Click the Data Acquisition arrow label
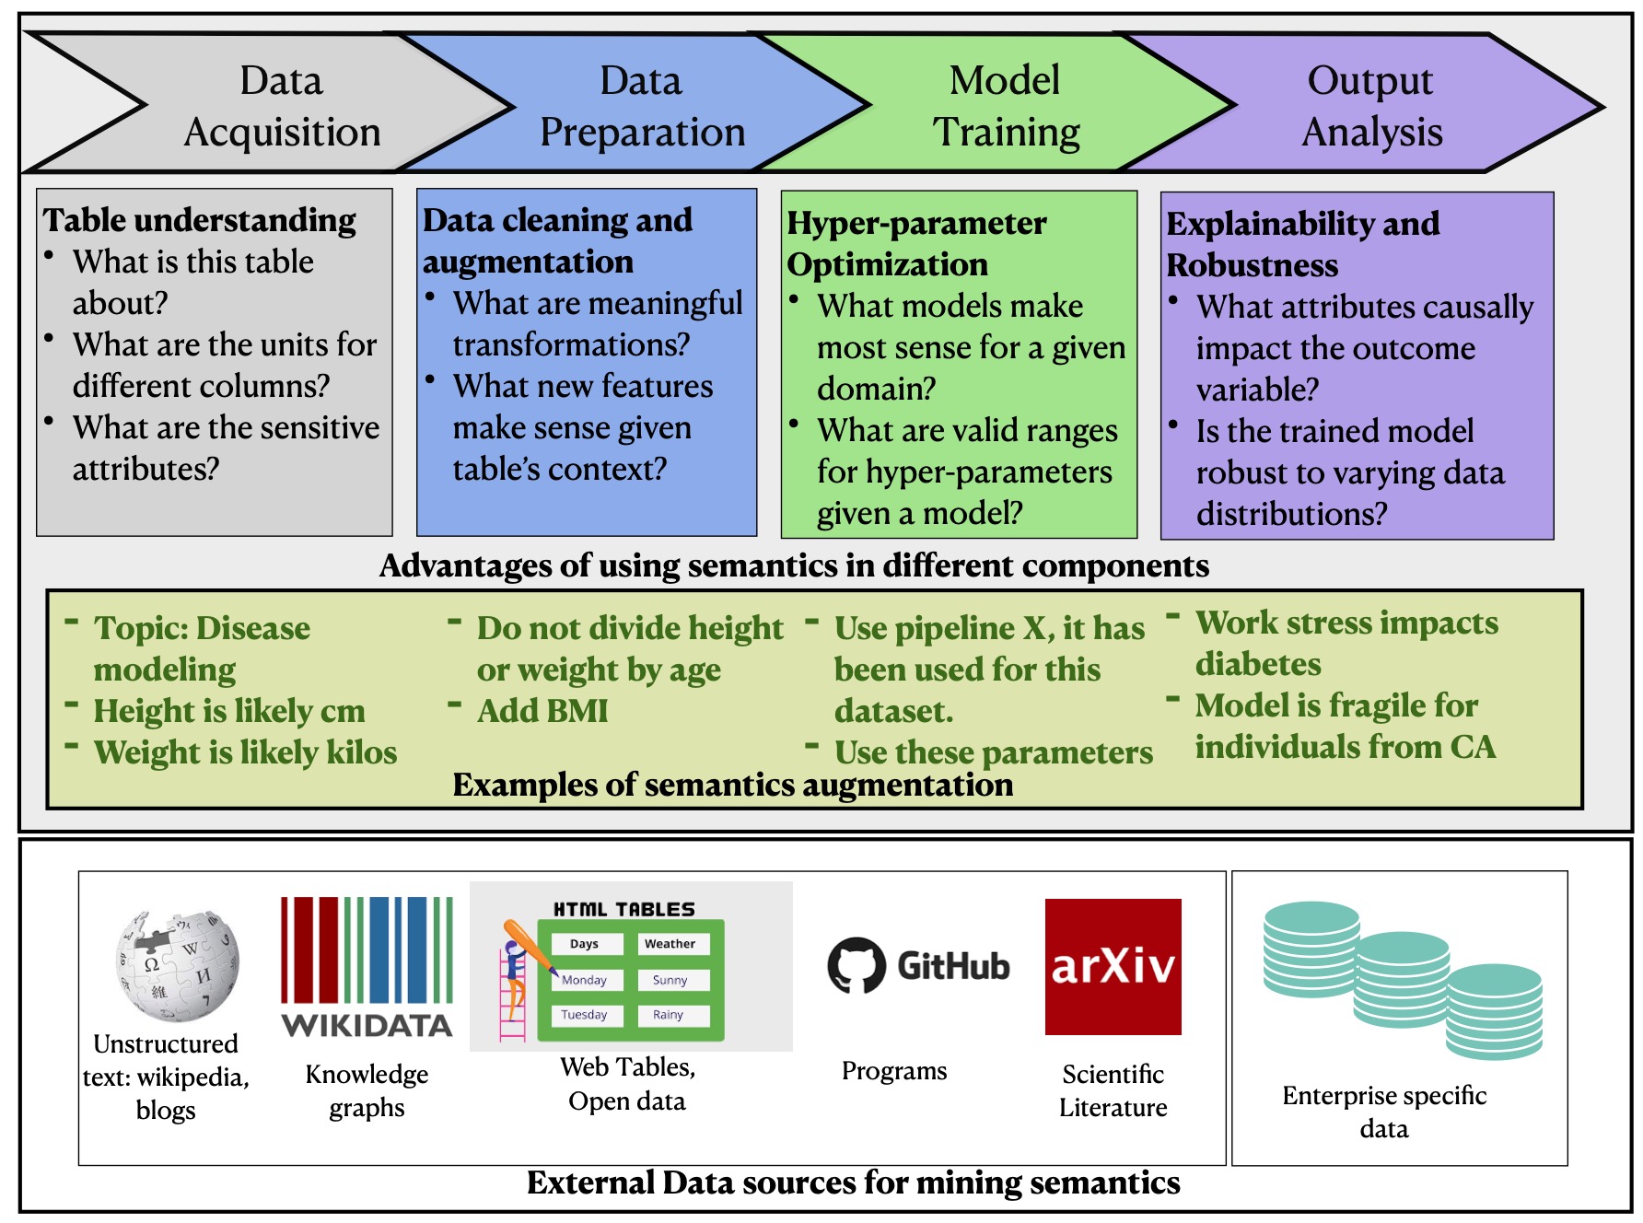pyautogui.click(x=282, y=106)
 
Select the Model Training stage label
pyautogui.click(x=1006, y=106)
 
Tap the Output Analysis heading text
pyautogui.click(x=1371, y=106)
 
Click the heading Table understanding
pyautogui.click(x=199, y=220)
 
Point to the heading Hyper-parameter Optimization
pyautogui.click(x=916, y=243)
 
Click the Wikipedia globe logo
pyautogui.click(x=177, y=966)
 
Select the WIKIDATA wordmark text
pyautogui.click(x=367, y=1026)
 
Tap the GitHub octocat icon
pyautogui.click(x=856, y=966)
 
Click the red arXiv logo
pyautogui.click(x=1113, y=966)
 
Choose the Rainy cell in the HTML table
pyautogui.click(x=669, y=1015)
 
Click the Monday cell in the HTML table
pyautogui.click(x=584, y=980)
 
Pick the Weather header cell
pyautogui.click(x=670, y=944)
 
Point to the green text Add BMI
pyautogui.click(x=542, y=711)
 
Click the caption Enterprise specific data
pyautogui.click(x=1383, y=1112)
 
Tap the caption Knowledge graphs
pyautogui.click(x=367, y=1090)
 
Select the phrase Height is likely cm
pyautogui.click(x=229, y=711)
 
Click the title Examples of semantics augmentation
pyautogui.click(x=732, y=786)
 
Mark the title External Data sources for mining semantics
pyautogui.click(x=853, y=1182)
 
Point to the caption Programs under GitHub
pyautogui.click(x=893, y=1071)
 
